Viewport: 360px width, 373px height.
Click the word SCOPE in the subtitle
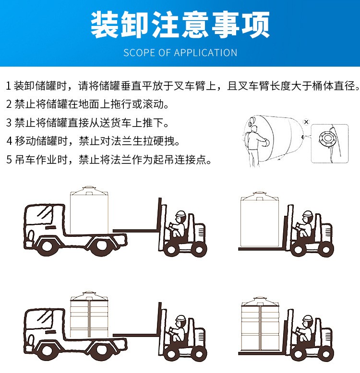pyautogui.click(x=137, y=53)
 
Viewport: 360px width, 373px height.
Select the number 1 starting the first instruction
pyautogui.click(x=8, y=86)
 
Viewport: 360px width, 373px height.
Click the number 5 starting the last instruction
pyautogui.click(x=8, y=160)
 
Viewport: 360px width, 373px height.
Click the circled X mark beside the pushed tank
pyautogui.click(x=306, y=122)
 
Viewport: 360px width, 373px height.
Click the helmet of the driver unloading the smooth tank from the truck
pyautogui.click(x=180, y=214)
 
